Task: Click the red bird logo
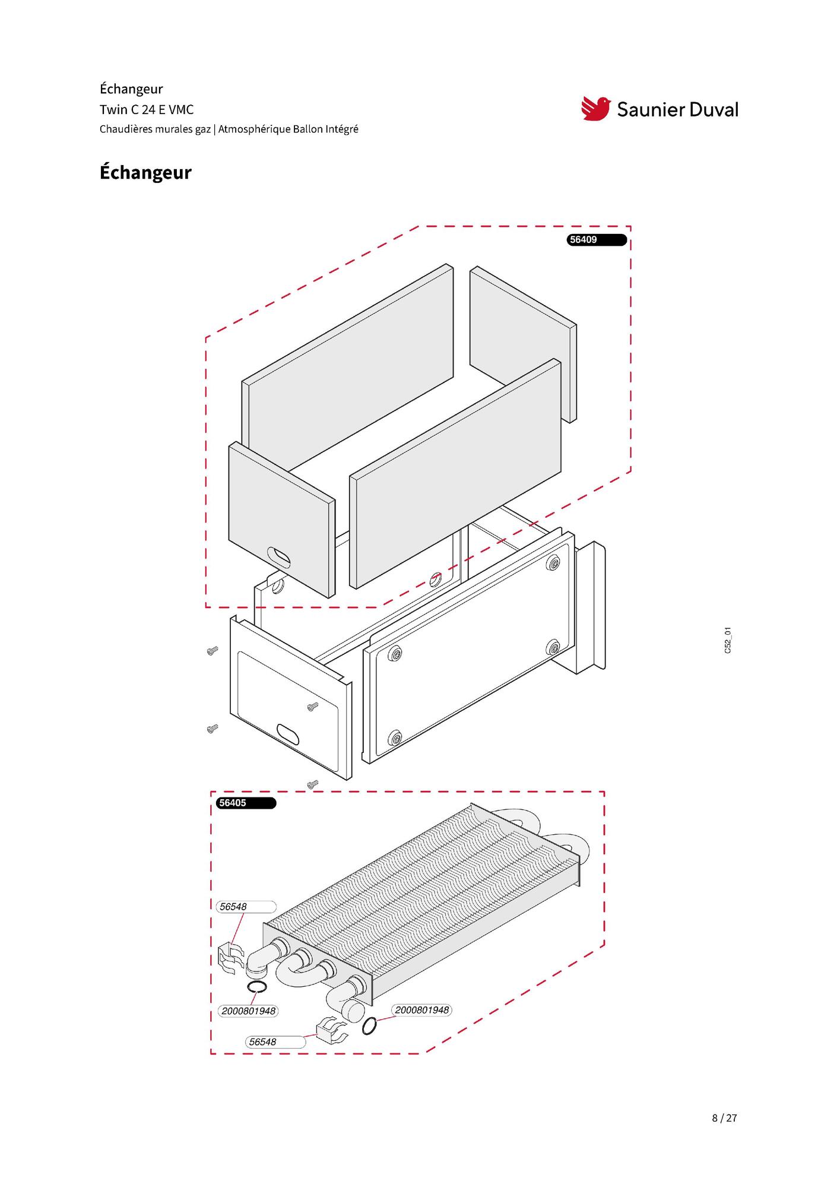[596, 108]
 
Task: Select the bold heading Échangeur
[145, 173]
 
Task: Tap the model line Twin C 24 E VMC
[147, 109]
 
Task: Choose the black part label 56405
[246, 803]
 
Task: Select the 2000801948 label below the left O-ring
[248, 1011]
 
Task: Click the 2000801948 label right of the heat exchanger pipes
[421, 1009]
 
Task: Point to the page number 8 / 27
[724, 1117]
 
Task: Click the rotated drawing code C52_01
[728, 640]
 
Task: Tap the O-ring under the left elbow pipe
[256, 986]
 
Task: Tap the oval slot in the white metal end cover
[288, 733]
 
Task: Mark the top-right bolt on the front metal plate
[554, 563]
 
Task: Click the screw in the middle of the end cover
[313, 706]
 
